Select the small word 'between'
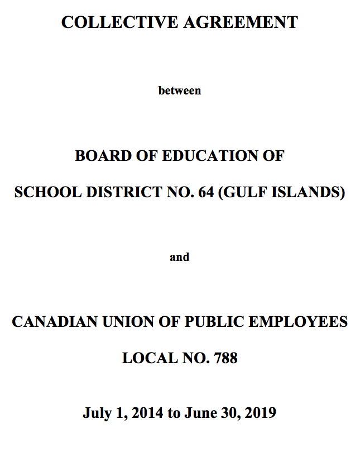[180, 91]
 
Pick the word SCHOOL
[47, 192]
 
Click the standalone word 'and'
[180, 258]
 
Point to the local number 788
[226, 358]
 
